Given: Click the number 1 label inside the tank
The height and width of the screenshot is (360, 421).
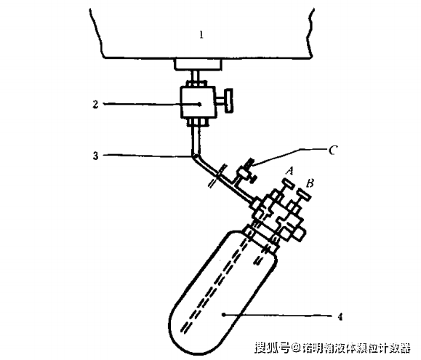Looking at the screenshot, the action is coord(201,35).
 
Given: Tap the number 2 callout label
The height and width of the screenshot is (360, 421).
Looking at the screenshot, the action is coord(95,104).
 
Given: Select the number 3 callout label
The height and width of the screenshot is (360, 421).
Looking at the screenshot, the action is coord(95,156).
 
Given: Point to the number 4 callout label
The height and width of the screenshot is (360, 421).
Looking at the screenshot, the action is coord(340,317).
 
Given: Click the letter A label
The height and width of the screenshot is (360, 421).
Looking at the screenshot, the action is coord(289,171).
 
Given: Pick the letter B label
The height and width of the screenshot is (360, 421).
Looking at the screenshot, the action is coord(310,183).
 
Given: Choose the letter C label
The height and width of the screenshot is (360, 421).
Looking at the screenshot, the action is coord(333,151).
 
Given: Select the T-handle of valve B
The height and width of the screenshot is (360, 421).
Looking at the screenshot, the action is coord(304,194).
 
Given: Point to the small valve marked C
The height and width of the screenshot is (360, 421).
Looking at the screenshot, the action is coord(245,172).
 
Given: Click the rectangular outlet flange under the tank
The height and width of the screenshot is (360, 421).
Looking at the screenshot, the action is coord(199,64).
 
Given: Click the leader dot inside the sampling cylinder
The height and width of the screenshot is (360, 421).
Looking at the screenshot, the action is coord(223,314).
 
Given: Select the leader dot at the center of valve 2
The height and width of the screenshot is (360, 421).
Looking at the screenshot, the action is coord(199,104).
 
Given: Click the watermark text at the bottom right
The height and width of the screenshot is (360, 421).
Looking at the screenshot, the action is coord(332,348).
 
